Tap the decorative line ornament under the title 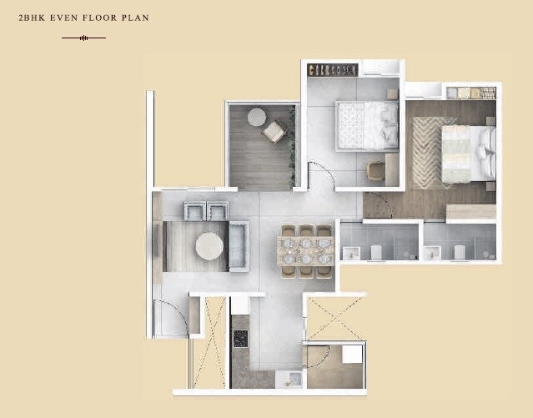tap(83, 38)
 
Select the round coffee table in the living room tap(209, 246)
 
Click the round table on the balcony tap(256, 117)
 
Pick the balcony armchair tap(274, 132)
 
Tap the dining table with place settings tap(305, 249)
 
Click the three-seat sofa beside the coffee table tap(239, 246)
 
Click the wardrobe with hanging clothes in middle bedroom tap(333, 69)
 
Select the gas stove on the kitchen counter tap(240, 338)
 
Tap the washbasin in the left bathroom tap(375, 252)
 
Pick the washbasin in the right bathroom tap(457, 252)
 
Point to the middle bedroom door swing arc tap(321, 175)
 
